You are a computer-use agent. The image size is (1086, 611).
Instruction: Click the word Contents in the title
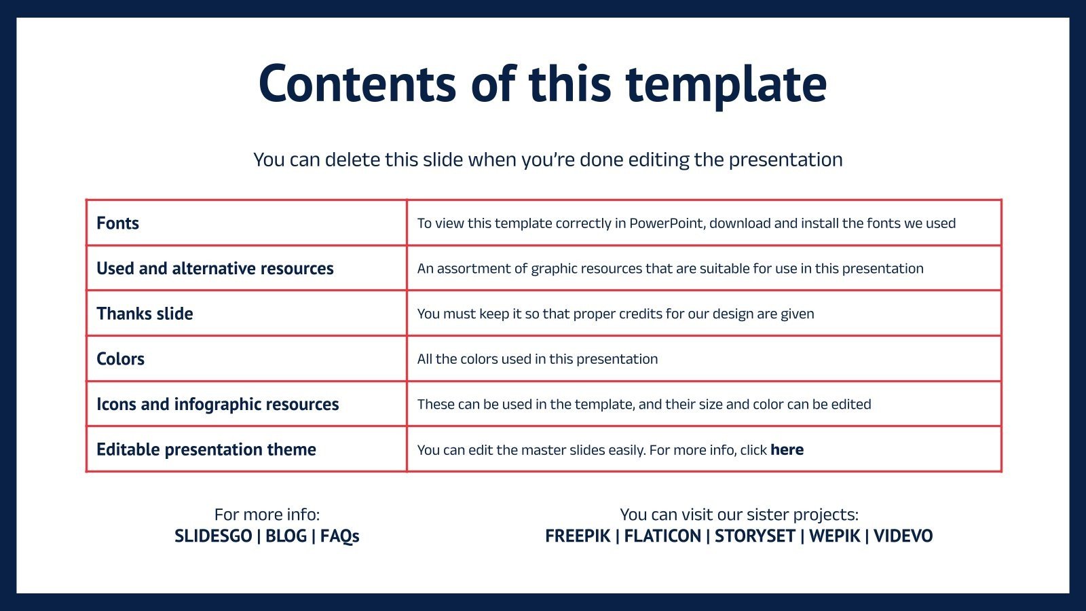point(358,84)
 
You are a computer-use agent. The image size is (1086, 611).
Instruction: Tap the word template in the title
point(726,86)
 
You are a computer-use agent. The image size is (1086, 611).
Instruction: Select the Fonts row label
point(118,223)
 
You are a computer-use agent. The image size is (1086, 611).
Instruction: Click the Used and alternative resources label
point(214,268)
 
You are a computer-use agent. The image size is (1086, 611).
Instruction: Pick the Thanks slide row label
point(145,314)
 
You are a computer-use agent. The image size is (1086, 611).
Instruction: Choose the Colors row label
point(120,359)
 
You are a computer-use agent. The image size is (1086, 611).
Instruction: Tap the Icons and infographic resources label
point(218,405)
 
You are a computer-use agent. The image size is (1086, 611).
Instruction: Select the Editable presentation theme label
point(206,449)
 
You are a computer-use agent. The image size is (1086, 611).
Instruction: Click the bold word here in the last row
point(787,449)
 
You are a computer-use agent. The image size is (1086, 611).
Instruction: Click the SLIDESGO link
point(213,536)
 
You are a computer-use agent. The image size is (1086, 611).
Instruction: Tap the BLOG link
point(286,536)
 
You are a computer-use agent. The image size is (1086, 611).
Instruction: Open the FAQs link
point(340,536)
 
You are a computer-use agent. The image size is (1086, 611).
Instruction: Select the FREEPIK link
point(578,536)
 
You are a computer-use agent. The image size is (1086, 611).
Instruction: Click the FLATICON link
point(662,536)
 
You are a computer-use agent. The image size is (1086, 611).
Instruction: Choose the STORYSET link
point(755,536)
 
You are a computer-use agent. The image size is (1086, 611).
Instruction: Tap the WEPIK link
point(834,536)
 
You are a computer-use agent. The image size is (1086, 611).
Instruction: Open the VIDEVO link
point(903,536)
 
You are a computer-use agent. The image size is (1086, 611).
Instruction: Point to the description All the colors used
point(537,359)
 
